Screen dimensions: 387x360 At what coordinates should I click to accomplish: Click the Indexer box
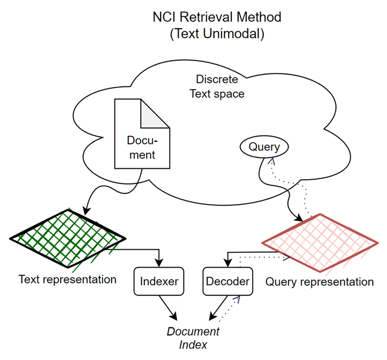(158, 281)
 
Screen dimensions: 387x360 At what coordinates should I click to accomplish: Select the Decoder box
(227, 281)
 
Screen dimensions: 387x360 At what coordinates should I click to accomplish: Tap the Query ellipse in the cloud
(264, 147)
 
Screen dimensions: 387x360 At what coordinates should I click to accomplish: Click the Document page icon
(142, 134)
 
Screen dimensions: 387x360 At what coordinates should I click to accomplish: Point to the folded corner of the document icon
(155, 113)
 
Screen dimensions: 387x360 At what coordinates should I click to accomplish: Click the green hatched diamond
(68, 238)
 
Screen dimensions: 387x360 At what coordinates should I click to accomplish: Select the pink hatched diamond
(320, 243)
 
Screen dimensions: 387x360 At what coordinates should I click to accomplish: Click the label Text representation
(67, 280)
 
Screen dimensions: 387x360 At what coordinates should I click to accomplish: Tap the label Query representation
(319, 282)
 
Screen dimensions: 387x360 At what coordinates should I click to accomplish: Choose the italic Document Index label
(193, 338)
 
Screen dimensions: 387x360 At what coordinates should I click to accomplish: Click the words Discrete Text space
(217, 87)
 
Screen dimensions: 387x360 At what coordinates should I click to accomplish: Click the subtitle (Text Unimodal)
(217, 34)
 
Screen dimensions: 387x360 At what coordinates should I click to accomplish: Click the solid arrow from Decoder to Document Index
(218, 308)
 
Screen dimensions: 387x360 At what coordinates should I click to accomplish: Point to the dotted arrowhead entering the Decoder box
(237, 298)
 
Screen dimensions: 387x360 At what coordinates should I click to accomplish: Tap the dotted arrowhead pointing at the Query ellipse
(271, 161)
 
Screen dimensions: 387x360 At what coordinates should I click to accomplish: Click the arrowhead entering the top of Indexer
(159, 263)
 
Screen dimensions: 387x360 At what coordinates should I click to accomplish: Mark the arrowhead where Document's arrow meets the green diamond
(86, 211)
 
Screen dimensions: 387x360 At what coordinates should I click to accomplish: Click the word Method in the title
(259, 17)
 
